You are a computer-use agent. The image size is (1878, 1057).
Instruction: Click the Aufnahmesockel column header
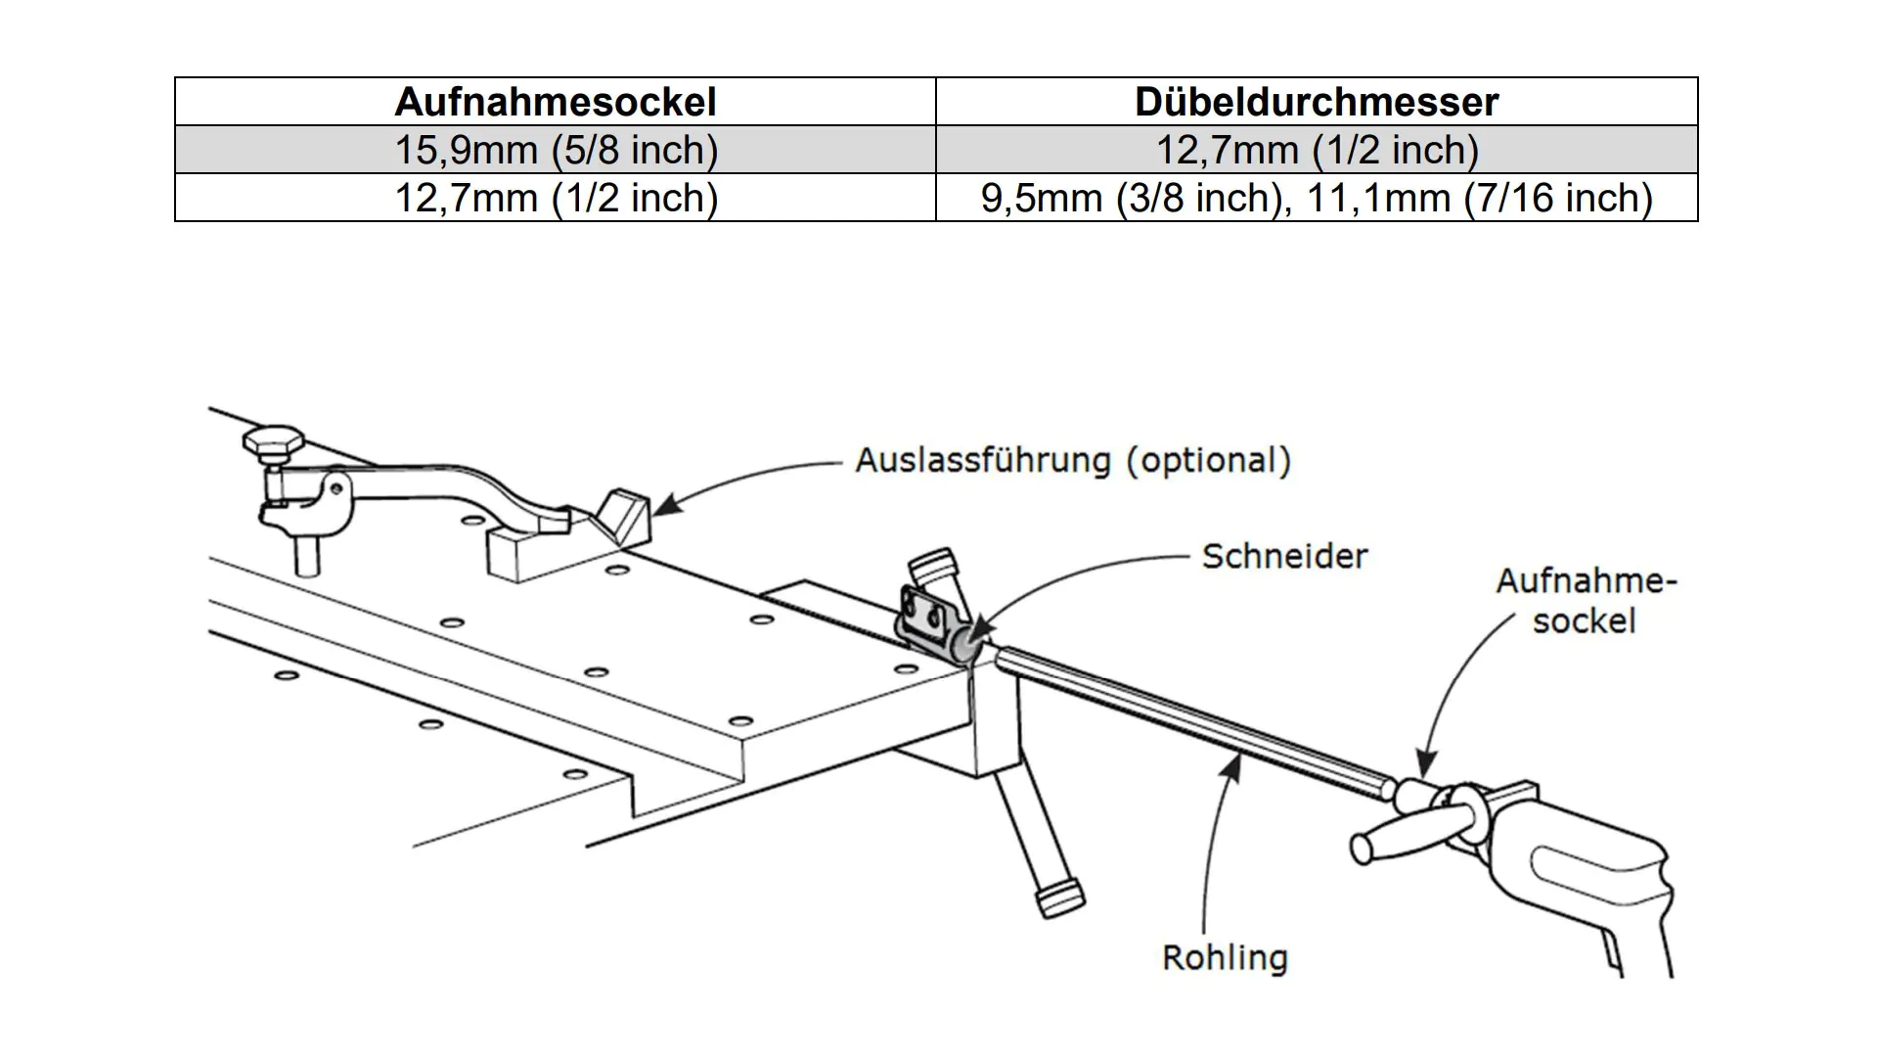(x=555, y=102)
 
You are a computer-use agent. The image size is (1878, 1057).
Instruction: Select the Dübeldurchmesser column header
(x=1317, y=102)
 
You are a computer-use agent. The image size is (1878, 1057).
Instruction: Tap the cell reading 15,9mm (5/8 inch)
(x=555, y=150)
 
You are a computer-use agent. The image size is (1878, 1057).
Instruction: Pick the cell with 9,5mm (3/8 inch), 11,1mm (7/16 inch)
(x=1317, y=198)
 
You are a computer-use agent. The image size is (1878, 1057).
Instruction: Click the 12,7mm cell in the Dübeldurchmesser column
(x=1317, y=150)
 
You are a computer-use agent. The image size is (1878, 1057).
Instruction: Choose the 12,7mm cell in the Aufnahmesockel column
(x=555, y=198)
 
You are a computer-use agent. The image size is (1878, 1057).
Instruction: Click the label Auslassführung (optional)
(x=1073, y=460)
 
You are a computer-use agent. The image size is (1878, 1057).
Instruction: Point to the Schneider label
(x=1284, y=556)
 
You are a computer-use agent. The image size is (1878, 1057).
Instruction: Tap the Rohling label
(x=1225, y=957)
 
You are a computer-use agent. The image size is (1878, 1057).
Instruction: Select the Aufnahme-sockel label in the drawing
(x=1586, y=601)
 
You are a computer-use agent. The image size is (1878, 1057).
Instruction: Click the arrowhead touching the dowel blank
(x=1234, y=764)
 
